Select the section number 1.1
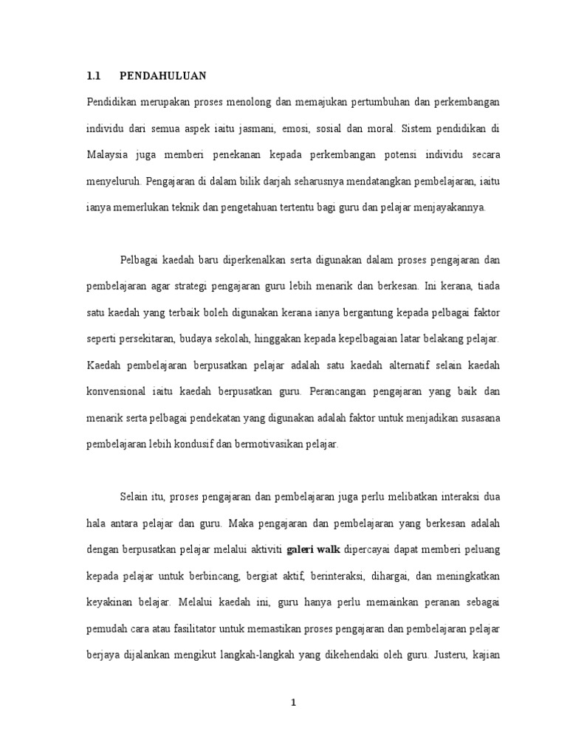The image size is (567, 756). [93, 75]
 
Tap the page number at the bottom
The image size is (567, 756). [293, 703]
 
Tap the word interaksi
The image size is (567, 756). [461, 496]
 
